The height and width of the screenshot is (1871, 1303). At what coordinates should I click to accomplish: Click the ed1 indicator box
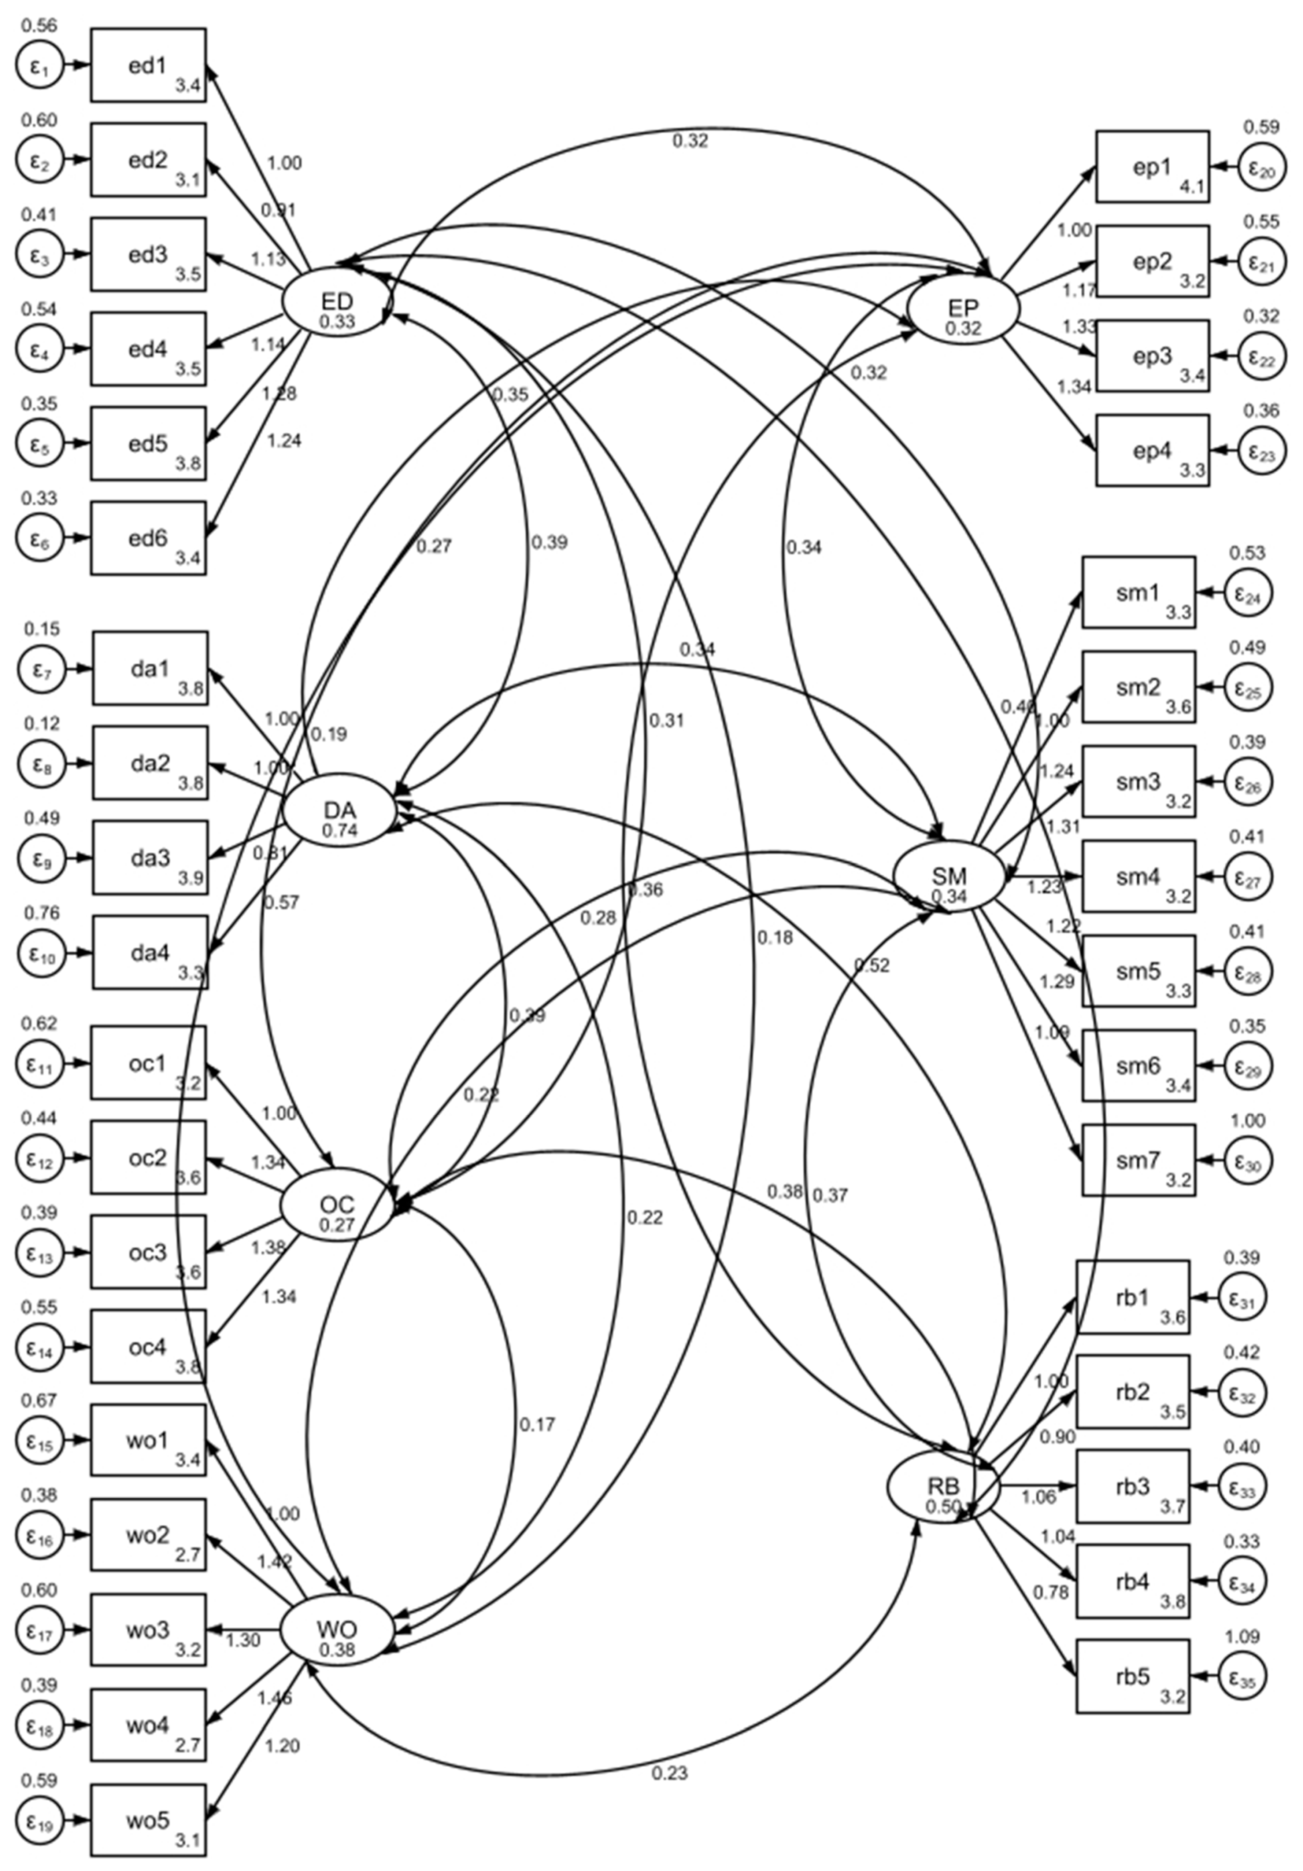pos(148,65)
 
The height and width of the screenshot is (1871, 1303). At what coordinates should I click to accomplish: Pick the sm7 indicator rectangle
pos(1139,1160)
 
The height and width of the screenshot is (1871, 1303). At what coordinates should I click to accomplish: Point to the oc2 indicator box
pos(148,1157)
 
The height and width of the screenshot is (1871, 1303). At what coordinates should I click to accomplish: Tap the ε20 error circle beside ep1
pos(1263,168)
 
